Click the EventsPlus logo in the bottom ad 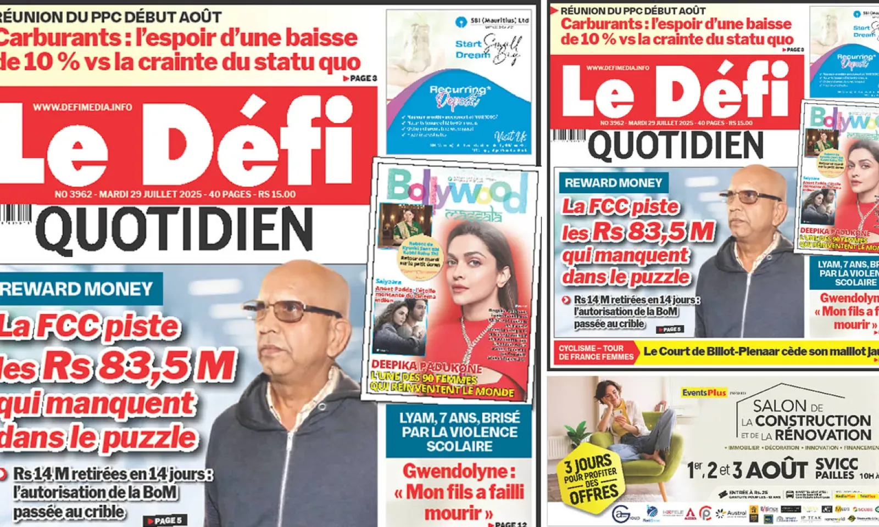(704, 393)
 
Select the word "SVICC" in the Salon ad (836, 464)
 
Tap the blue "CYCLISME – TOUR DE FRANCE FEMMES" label (596, 352)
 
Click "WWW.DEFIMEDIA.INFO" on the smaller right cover (617, 68)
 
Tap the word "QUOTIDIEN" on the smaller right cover (675, 145)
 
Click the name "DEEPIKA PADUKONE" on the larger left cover (426, 366)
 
